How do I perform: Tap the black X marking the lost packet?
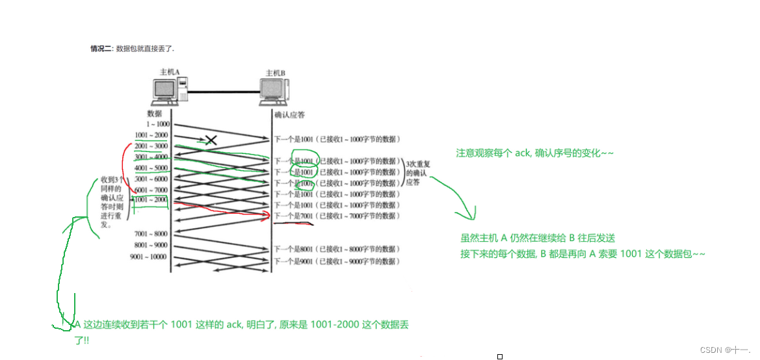point(210,139)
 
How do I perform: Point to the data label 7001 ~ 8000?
point(151,233)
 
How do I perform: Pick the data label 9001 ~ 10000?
point(149,257)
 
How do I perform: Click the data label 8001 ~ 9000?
point(151,245)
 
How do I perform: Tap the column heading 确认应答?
point(289,114)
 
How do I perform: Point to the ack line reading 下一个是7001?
point(335,216)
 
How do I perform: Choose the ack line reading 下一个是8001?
point(335,249)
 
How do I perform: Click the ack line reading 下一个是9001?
point(335,261)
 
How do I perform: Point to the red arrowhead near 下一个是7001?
point(267,214)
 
